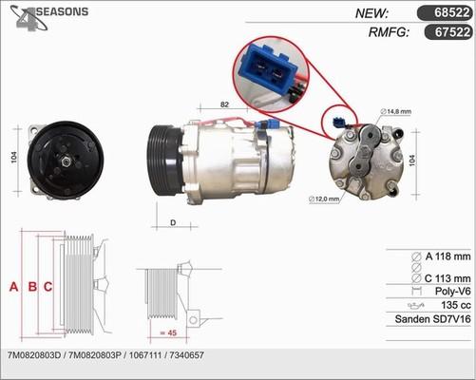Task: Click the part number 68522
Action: [448, 12]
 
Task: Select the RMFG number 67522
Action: [448, 32]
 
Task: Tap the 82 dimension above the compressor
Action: [225, 104]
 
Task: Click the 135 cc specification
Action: [455, 306]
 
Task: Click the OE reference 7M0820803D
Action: [35, 354]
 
